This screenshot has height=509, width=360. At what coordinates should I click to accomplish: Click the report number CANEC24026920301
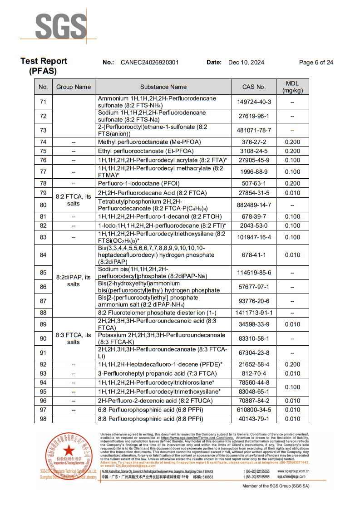pos(150,63)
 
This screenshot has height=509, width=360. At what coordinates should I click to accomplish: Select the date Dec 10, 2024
pos(246,63)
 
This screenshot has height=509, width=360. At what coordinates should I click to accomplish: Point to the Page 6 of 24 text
pos(316,63)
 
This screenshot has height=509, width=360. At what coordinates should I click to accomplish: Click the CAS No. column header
pos(254,87)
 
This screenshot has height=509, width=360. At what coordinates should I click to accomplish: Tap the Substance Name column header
pos(163,87)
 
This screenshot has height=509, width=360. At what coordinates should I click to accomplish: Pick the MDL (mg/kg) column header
pos(292,87)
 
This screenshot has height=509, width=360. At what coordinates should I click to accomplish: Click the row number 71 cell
pos(43,102)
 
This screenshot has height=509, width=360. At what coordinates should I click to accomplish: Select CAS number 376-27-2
pos(254,142)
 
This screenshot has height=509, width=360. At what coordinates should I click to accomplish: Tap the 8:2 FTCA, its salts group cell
pos(74,200)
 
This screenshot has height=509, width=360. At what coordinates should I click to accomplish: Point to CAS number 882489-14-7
pos(254,205)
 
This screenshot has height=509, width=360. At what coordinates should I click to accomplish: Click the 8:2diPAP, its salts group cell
pos(74,281)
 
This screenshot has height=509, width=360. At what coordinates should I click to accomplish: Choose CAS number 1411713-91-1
pos(254,313)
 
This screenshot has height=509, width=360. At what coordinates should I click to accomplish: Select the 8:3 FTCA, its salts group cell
pos(74,338)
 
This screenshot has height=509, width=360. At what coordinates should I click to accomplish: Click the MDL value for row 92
pos(292,364)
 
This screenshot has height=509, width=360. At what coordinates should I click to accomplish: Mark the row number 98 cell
pos(43,419)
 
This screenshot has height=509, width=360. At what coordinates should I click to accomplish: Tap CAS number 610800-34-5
pos(254,410)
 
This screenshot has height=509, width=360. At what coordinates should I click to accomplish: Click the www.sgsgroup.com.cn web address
pos(294,471)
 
